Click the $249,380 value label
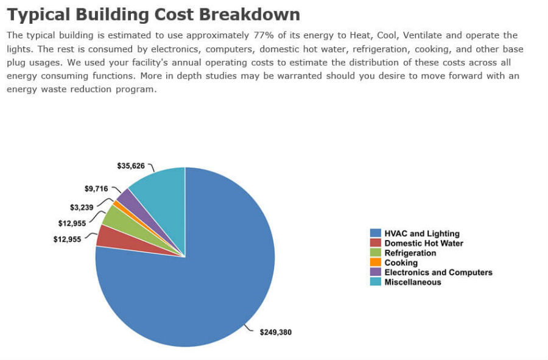275,333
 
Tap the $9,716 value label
96,189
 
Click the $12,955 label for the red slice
67,239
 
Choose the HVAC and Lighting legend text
422,233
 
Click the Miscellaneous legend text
413,282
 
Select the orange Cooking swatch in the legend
376,263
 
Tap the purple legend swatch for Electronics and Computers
376,272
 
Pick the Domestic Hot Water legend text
424,243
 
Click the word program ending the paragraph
139,89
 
